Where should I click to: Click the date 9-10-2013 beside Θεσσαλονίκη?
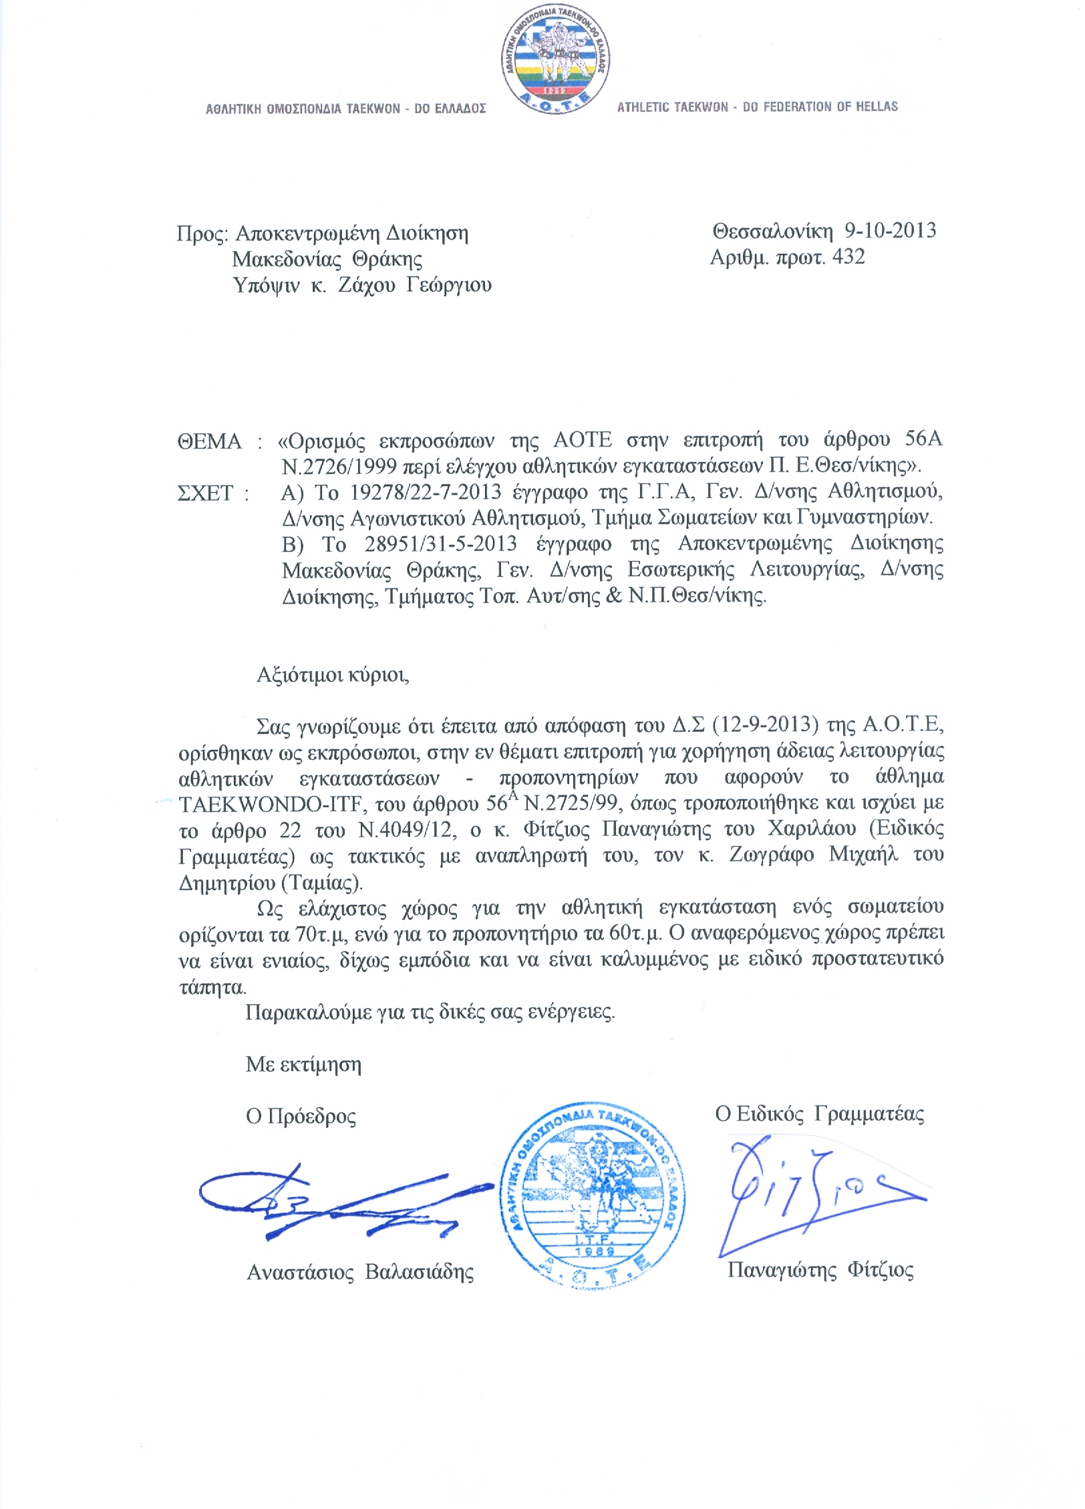click(x=890, y=231)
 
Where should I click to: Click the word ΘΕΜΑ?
click(x=209, y=441)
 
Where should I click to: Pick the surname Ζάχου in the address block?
click(x=367, y=285)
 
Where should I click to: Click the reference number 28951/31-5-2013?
click(x=441, y=544)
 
